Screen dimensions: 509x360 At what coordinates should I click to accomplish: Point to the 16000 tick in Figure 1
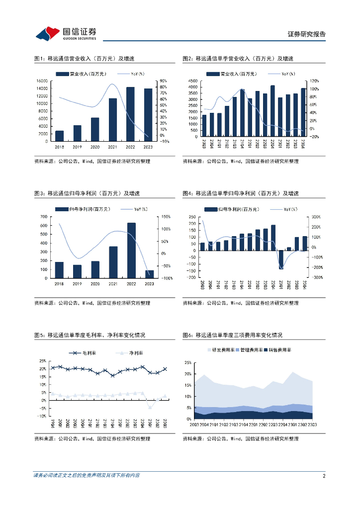42,81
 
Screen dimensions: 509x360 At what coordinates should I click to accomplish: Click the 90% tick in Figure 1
163,81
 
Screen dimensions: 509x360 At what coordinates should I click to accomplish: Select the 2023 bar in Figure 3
149,274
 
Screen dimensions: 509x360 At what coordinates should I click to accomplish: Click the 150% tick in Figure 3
166,217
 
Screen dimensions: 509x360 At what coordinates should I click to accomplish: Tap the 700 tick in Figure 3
44,217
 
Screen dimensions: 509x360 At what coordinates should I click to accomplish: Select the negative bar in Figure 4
281,258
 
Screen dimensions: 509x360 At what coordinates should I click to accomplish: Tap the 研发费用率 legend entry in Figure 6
221,350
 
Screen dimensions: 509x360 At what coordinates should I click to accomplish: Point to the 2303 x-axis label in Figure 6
312,424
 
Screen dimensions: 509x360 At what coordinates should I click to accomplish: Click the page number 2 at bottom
324,476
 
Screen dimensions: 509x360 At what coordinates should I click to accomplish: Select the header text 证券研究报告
307,34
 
